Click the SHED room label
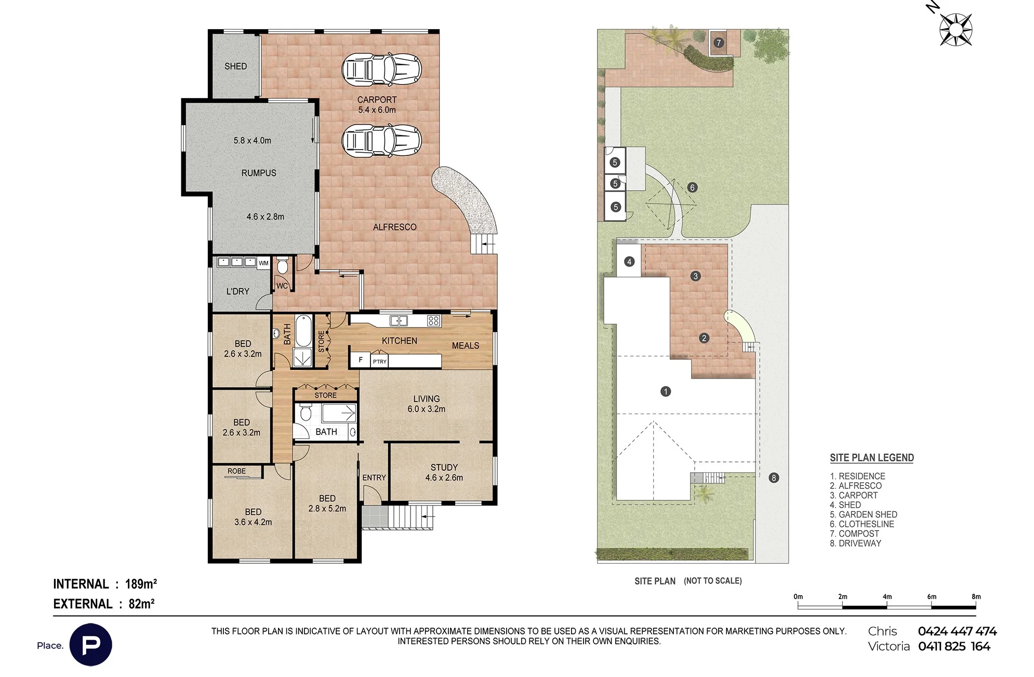point(235,66)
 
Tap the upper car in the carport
point(381,69)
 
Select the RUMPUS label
point(259,173)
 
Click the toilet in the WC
point(283,266)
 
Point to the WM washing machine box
point(263,263)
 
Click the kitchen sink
point(399,321)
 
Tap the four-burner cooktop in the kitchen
point(433,321)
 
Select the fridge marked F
point(360,360)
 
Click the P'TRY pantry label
point(380,362)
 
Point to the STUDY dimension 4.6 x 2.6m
point(444,477)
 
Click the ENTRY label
point(374,477)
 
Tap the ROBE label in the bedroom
point(236,471)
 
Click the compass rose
point(956,29)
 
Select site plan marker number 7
point(719,43)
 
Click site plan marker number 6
point(692,188)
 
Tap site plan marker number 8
point(774,477)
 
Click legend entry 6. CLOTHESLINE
point(862,524)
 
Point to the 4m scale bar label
point(887,596)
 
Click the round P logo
point(90,645)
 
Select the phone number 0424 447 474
point(957,631)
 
